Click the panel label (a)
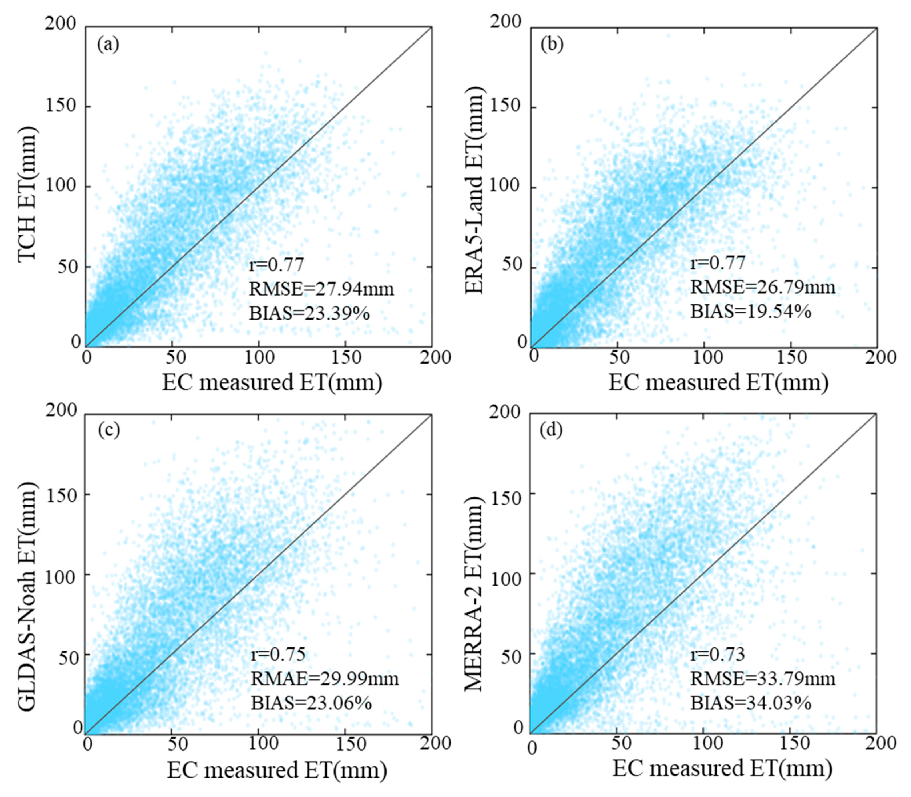pos(108,45)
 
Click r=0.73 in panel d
pos(717,654)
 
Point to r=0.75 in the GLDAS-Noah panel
pos(278,654)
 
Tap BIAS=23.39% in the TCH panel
pos(309,314)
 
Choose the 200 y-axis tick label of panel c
pos(61,411)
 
